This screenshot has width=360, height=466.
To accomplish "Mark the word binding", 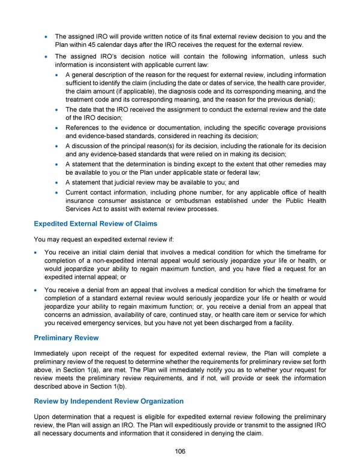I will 187,164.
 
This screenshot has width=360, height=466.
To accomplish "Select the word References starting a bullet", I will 83,128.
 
